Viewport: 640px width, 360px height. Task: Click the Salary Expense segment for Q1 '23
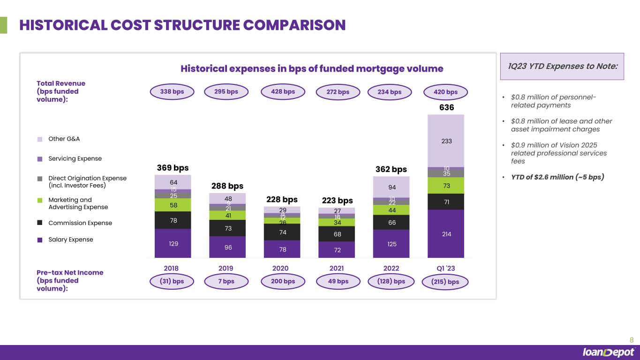point(446,233)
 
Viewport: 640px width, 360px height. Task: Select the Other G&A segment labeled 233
point(446,141)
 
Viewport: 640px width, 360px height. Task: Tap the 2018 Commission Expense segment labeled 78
point(173,220)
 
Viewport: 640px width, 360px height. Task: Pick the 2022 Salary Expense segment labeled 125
point(391,243)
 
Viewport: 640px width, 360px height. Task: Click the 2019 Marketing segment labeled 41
point(227,215)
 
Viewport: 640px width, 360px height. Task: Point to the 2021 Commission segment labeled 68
point(337,233)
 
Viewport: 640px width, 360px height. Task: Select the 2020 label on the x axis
point(280,268)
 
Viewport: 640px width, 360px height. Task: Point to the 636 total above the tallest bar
point(446,108)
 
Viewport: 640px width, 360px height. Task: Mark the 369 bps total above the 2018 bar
point(173,168)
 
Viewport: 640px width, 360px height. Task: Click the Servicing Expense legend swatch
point(40,159)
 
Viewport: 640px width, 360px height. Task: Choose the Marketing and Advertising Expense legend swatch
point(40,200)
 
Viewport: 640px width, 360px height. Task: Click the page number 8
point(631,340)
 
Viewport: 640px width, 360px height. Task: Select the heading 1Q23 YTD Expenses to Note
point(563,66)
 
